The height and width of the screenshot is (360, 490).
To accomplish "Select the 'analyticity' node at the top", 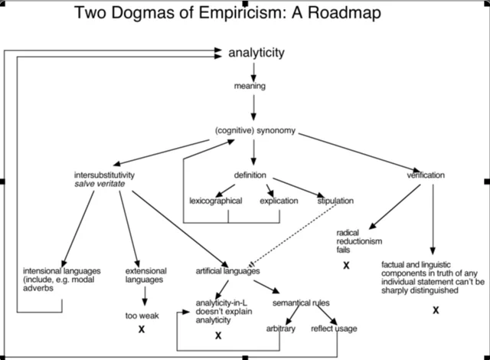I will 256,52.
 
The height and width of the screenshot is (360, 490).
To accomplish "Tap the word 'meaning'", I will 250,86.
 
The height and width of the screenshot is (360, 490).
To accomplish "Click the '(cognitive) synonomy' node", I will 254,129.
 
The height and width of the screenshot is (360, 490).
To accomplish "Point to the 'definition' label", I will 251,175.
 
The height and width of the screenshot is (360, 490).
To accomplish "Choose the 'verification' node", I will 426,175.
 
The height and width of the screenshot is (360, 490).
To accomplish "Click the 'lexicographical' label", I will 216,201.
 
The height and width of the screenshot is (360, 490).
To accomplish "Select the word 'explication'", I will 279,201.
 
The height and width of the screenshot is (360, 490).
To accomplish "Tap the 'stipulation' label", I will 335,201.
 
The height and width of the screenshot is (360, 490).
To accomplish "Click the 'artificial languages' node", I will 227,271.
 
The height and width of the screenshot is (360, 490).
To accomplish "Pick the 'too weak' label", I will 142,315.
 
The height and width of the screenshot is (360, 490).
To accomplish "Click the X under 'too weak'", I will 142,329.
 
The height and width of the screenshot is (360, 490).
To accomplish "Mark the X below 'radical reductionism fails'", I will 346,264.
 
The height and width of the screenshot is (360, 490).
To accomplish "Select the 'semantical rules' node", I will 301,303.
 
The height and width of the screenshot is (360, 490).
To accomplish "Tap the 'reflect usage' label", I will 334,329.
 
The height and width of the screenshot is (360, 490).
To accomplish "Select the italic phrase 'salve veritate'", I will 100,185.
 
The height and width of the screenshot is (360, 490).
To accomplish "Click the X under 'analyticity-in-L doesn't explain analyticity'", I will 218,335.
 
